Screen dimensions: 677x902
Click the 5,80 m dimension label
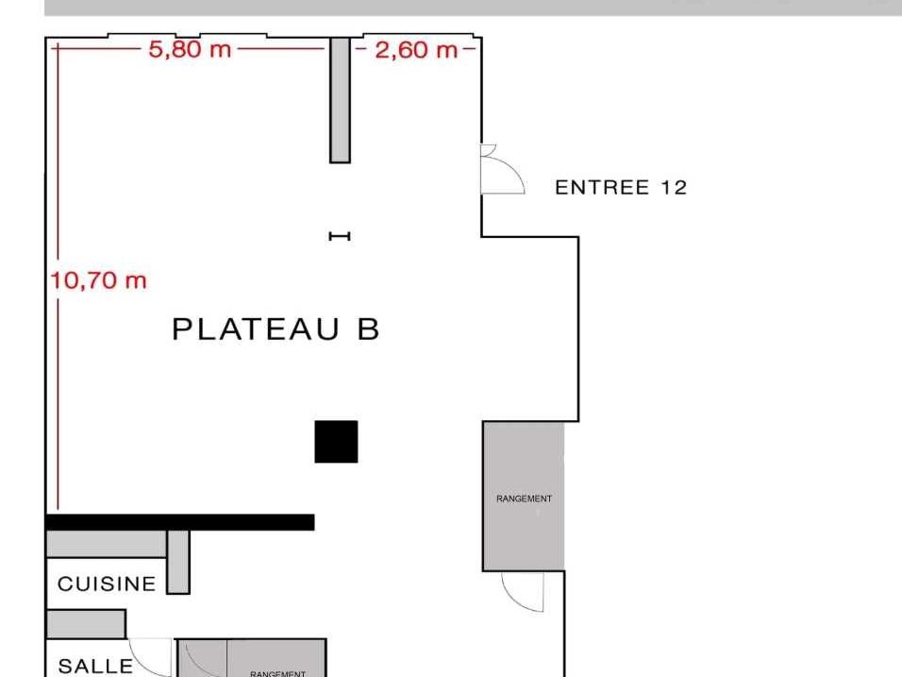point(190,49)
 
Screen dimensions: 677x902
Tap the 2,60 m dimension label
point(415,49)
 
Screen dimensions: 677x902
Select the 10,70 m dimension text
point(98,280)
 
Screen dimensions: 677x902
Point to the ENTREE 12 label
point(621,187)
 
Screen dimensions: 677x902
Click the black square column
point(336,442)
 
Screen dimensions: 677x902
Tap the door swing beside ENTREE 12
point(500,172)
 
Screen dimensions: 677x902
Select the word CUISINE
point(107,584)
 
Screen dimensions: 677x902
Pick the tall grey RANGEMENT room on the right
point(524,496)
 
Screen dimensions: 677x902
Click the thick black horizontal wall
point(179,522)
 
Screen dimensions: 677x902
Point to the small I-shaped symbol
point(340,236)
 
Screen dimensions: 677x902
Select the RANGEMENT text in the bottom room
point(277,673)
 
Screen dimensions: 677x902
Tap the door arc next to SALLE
point(152,657)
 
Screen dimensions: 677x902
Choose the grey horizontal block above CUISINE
point(106,545)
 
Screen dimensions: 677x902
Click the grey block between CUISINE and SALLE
point(85,623)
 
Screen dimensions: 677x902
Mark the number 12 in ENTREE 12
point(674,187)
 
